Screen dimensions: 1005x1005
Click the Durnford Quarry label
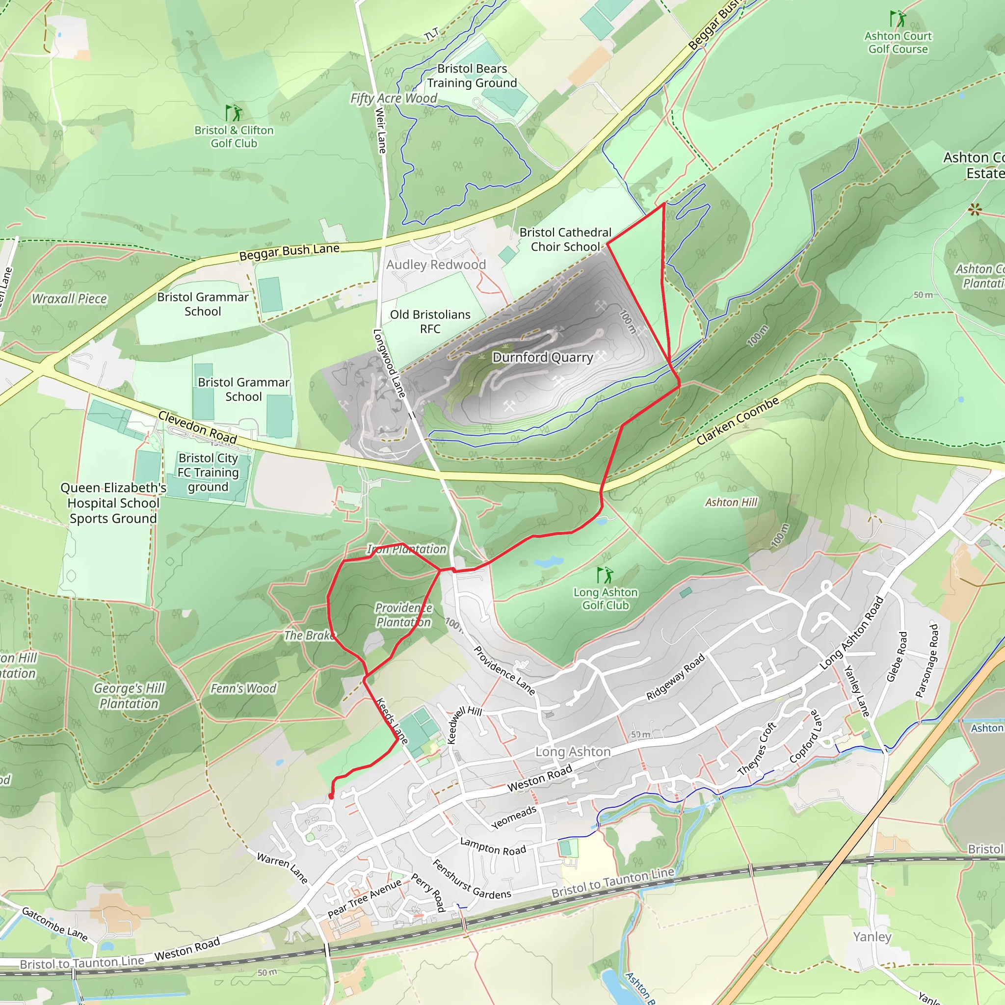coord(543,357)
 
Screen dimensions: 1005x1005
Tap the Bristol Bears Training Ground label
coord(472,76)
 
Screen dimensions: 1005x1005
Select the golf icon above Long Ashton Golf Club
coord(605,575)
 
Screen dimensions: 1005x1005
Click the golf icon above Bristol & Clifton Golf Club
coord(234,113)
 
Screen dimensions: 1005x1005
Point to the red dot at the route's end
coord(331,796)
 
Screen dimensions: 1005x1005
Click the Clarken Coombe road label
coord(738,421)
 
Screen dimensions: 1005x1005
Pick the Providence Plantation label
coord(404,615)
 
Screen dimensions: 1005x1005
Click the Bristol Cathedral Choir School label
coord(565,240)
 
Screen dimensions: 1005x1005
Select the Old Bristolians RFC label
coord(430,321)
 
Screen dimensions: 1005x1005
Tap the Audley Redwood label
coord(436,265)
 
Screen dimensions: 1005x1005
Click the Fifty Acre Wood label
coord(393,98)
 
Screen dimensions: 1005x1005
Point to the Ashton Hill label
coord(731,502)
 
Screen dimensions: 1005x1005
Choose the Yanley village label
coord(872,936)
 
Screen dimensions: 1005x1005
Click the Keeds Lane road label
coord(392,720)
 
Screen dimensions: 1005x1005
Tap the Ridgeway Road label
coord(675,677)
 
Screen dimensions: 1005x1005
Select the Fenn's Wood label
coord(243,688)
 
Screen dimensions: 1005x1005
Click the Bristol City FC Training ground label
coord(208,473)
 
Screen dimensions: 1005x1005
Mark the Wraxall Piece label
coord(69,298)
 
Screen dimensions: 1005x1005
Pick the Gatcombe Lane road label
coord(54,924)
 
